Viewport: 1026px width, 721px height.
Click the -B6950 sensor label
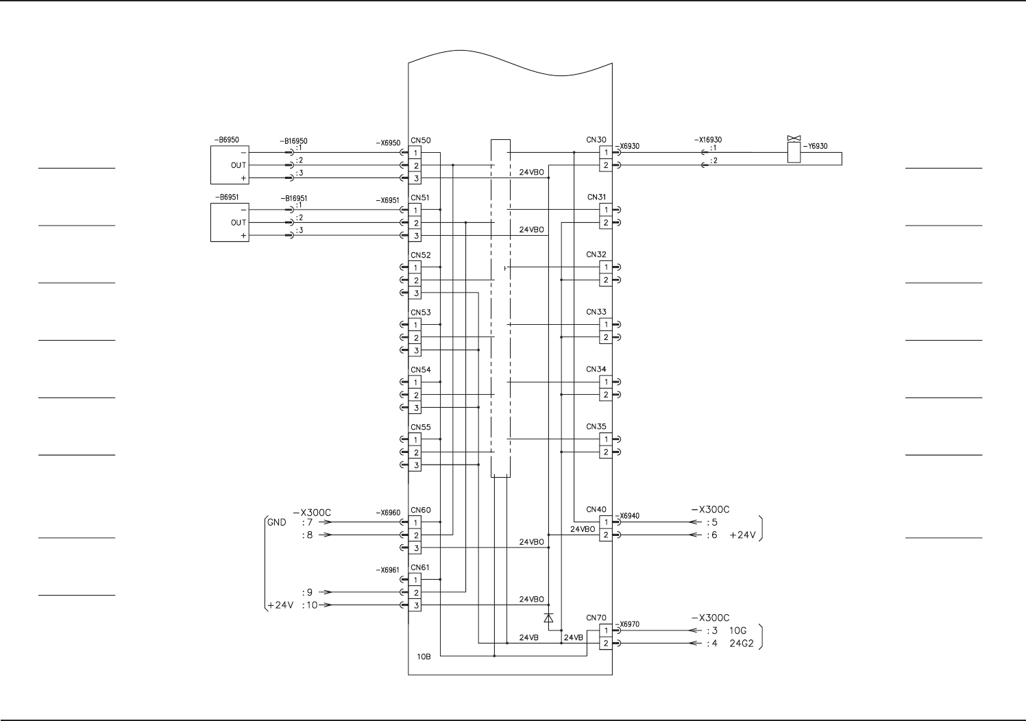click(x=227, y=140)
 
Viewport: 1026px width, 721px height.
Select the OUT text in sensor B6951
click(x=239, y=223)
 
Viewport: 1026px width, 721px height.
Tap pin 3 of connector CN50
click(x=415, y=178)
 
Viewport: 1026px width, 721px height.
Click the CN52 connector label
click(x=421, y=255)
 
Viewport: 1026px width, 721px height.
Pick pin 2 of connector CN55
click(x=415, y=452)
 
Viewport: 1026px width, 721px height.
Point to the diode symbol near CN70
click(x=548, y=618)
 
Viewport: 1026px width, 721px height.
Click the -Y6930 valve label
click(x=815, y=146)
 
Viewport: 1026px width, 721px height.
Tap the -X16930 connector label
click(x=708, y=140)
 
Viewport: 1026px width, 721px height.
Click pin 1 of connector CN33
click(x=606, y=324)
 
